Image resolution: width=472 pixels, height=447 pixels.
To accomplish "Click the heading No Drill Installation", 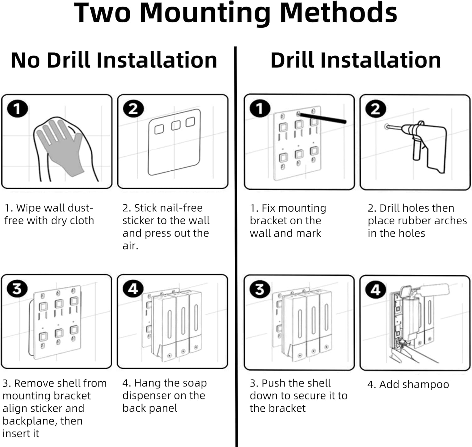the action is click(114, 60).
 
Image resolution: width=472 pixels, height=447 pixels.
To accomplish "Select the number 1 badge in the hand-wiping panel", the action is click(17, 109).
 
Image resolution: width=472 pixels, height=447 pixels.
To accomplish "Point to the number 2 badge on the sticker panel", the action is click(133, 109).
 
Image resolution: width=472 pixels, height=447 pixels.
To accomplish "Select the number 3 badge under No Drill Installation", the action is click(17, 289).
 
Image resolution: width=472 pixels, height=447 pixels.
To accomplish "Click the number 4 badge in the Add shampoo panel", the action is click(376, 289).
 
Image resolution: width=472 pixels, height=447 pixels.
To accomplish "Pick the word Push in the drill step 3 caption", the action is click(272, 383).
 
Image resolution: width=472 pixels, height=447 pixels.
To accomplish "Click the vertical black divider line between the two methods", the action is click(236, 247).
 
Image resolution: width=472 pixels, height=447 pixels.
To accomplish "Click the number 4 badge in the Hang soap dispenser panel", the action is click(133, 289).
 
